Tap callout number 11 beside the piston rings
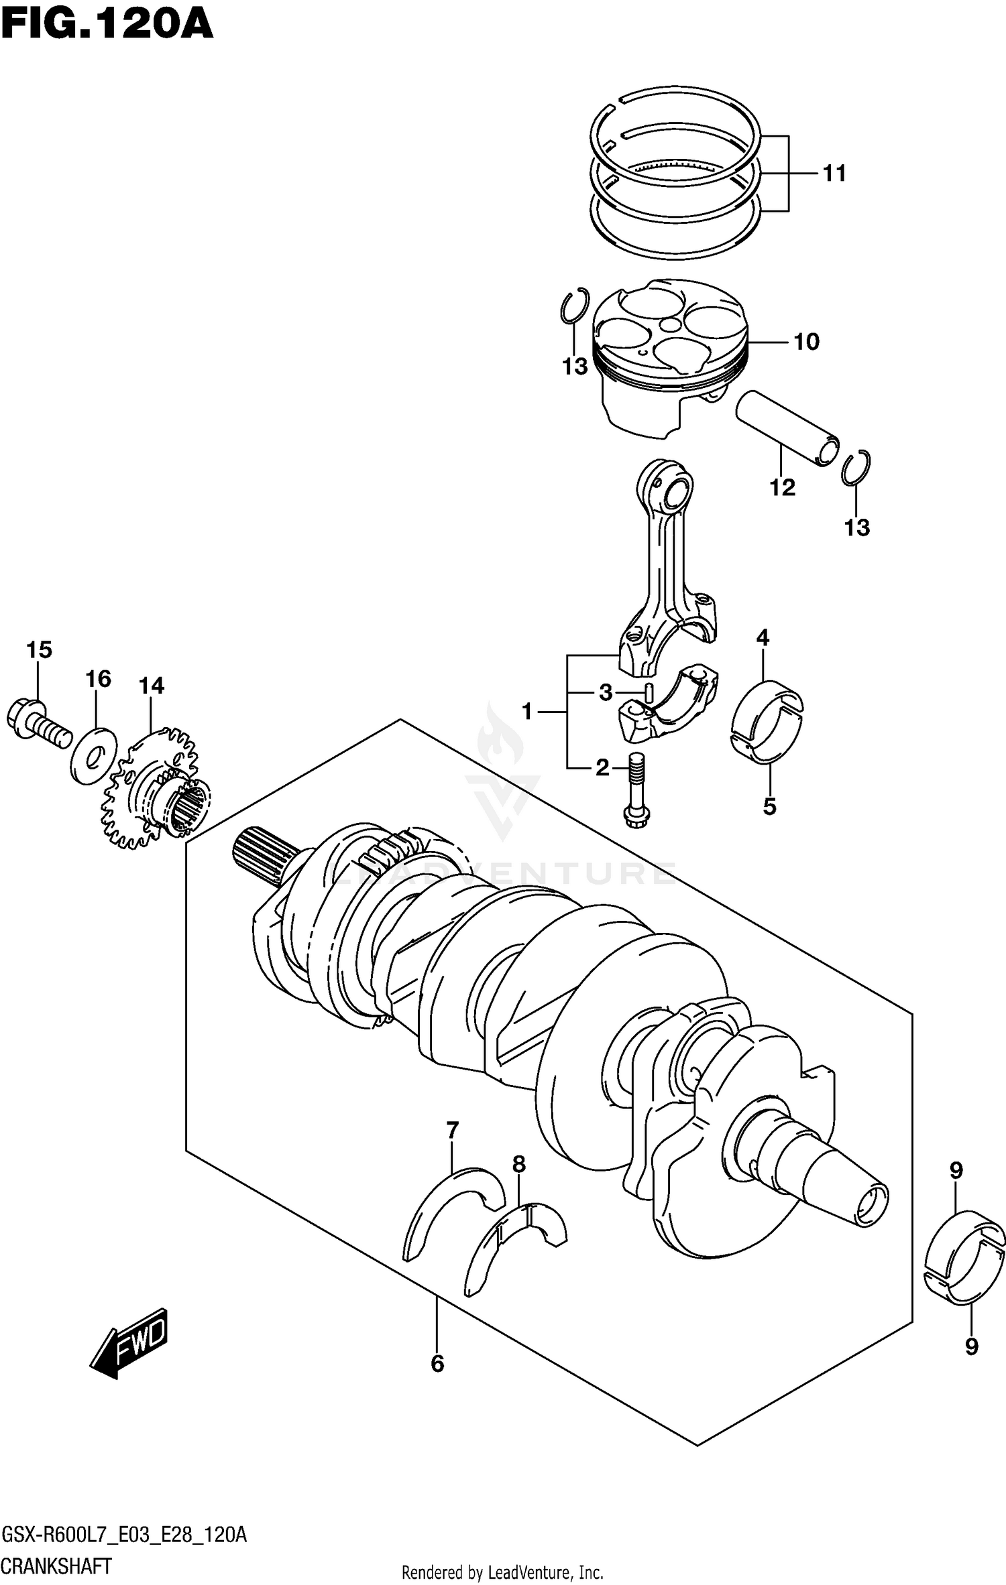tap(834, 174)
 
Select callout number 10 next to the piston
tap(806, 342)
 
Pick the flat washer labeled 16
tap(94, 756)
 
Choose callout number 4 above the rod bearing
tap(763, 638)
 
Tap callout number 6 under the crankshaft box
tap(437, 1363)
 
